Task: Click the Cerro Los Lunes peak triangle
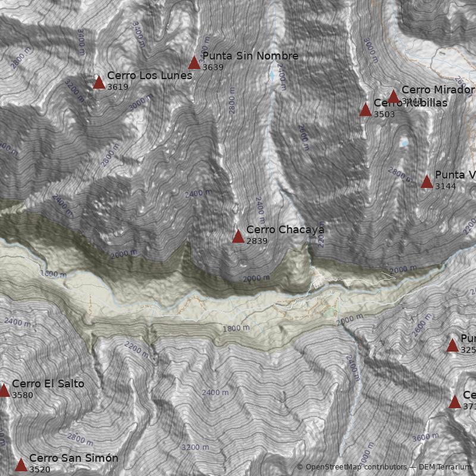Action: [x=99, y=82]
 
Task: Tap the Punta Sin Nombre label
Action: [x=250, y=56]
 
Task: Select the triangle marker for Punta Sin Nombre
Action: [x=194, y=62]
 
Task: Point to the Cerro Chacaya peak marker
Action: [x=238, y=236]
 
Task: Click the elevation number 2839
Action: [x=256, y=241]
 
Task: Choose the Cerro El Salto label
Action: [x=48, y=384]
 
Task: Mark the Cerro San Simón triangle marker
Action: [x=21, y=465]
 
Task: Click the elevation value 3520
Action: [x=39, y=469]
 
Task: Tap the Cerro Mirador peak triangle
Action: [x=393, y=96]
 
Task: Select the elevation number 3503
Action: [x=384, y=114]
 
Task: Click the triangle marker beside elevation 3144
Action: [x=427, y=181]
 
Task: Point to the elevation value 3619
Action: [x=118, y=87]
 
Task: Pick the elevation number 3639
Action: [x=212, y=67]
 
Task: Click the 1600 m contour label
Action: [x=54, y=274]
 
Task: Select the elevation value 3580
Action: [x=23, y=395]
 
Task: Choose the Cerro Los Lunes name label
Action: [x=149, y=76]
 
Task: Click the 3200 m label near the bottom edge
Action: [x=195, y=447]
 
